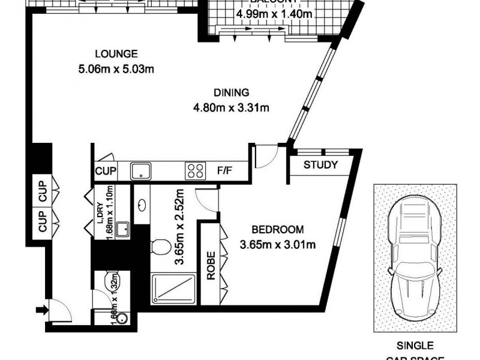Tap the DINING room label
tap(230, 92)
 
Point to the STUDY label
tap(320, 166)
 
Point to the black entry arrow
tap(41, 310)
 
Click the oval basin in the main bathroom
tap(142, 205)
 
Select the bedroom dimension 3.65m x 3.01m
tap(277, 244)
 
